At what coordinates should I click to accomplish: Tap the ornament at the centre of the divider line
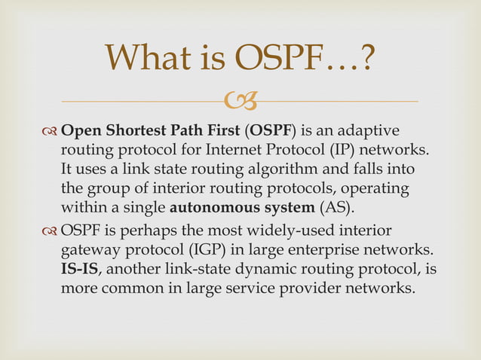click(241, 100)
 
